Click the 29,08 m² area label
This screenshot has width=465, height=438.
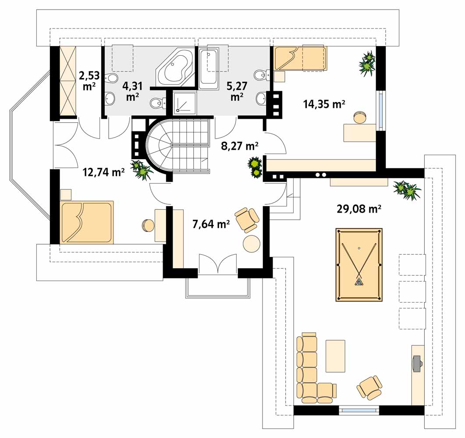359,209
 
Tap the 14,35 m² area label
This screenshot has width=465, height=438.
324,104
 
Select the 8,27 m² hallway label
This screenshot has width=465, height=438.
240,146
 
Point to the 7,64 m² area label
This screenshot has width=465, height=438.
211,224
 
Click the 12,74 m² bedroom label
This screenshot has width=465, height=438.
103,172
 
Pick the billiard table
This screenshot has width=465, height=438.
359,265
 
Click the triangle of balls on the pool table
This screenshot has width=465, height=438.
359,281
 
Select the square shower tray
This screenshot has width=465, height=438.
185,102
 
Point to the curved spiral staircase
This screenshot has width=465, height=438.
178,146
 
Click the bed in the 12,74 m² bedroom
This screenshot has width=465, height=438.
87,222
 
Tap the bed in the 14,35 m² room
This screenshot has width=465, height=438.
300,58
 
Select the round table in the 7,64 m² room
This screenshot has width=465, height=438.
252,244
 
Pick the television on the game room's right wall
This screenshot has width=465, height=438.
417,363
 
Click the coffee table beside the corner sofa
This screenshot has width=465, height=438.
335,356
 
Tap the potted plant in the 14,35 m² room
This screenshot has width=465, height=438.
367,64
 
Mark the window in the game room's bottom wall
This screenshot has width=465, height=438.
359,410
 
